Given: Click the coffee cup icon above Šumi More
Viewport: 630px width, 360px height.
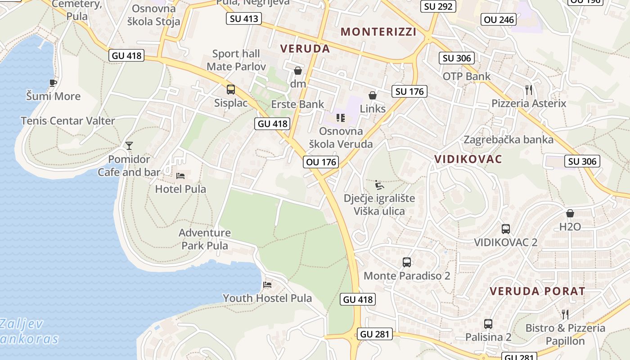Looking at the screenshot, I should [x=53, y=83].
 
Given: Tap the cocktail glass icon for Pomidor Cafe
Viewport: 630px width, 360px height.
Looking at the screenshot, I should [x=129, y=145].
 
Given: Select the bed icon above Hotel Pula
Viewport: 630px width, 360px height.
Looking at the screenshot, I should [x=180, y=175].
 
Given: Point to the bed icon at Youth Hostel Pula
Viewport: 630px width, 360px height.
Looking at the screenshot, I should [x=267, y=284].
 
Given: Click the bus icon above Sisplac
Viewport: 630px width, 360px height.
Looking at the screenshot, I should [x=231, y=89].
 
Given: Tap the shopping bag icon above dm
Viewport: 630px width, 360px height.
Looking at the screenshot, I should [x=297, y=71].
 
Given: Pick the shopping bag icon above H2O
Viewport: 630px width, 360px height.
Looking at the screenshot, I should [x=570, y=213].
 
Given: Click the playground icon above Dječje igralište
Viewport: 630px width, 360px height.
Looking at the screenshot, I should [x=379, y=184].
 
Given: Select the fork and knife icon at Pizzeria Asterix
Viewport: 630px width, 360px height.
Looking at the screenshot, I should [x=529, y=90].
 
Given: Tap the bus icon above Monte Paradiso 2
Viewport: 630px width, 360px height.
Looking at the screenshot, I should [x=407, y=262].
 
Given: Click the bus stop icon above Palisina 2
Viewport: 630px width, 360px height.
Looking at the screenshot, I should [x=488, y=324].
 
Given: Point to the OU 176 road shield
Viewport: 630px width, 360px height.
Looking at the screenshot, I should [x=320, y=162].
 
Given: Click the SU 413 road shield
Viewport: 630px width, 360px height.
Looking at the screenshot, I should [x=244, y=18].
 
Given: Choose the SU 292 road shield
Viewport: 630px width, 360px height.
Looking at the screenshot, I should [x=438, y=6].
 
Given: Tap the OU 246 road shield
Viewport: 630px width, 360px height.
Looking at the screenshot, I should [x=499, y=19].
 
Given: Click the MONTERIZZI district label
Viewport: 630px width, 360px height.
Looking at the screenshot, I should [x=378, y=32].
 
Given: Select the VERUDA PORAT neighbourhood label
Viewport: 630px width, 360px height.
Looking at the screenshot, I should [x=537, y=291].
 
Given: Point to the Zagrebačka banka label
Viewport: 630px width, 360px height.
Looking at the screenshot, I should [x=508, y=139].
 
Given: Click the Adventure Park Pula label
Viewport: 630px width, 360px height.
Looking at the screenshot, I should [x=205, y=239].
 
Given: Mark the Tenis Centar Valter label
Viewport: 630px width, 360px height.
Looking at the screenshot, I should [x=68, y=121].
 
